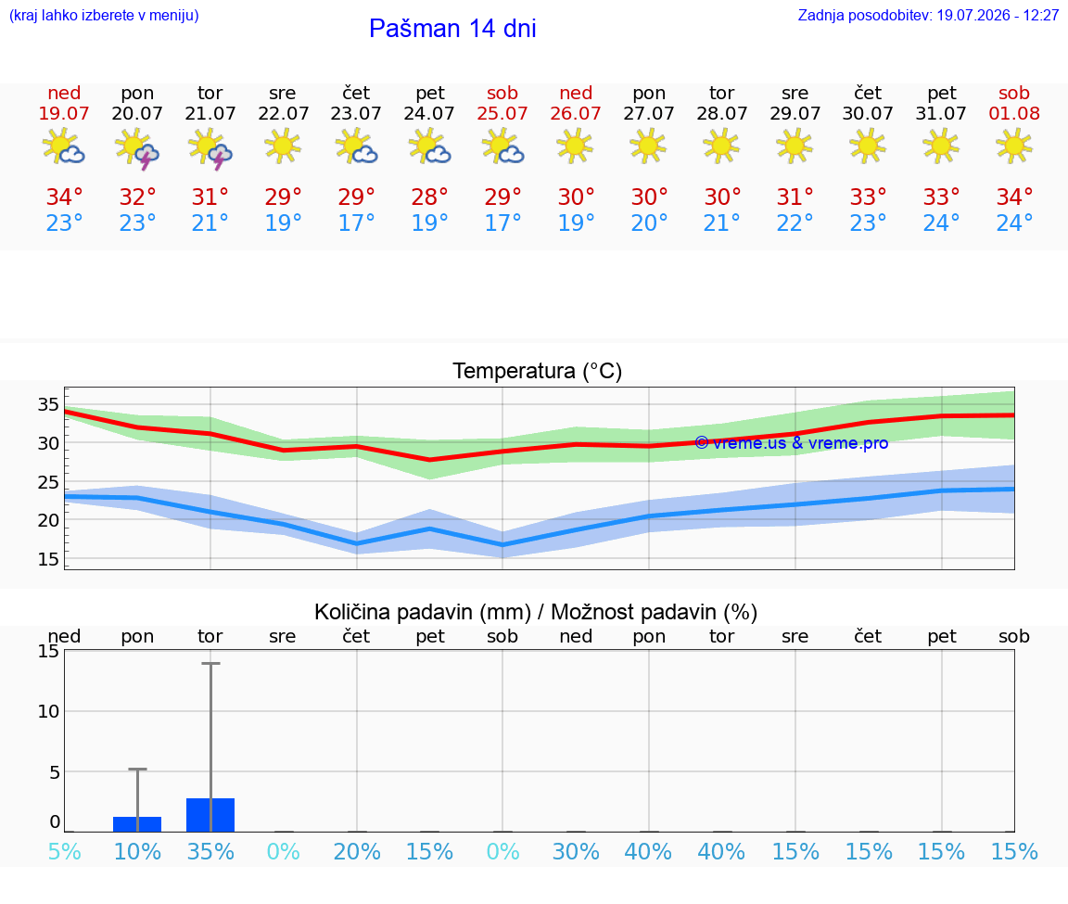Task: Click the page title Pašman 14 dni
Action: [x=452, y=29]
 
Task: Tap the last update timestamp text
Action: [x=928, y=15]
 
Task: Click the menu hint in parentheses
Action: [x=104, y=15]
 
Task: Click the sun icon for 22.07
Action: [x=283, y=146]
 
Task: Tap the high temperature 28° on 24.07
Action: [x=430, y=197]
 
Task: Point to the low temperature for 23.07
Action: [x=356, y=223]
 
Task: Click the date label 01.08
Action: [x=1014, y=113]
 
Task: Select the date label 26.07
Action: [x=576, y=113]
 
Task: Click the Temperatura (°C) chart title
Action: [x=538, y=371]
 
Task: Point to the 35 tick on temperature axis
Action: [x=48, y=404]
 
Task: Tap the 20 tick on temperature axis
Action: [x=48, y=520]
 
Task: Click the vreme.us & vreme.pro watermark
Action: [x=792, y=443]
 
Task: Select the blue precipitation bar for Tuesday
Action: [x=210, y=815]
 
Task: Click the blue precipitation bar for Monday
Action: [x=137, y=824]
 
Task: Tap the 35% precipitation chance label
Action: [x=210, y=852]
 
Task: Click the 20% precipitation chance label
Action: [x=357, y=852]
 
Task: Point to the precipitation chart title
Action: [x=536, y=613]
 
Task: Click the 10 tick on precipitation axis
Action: [x=48, y=711]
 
